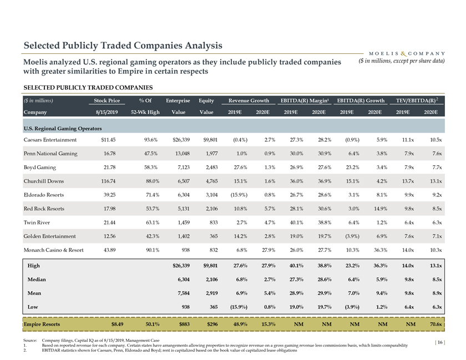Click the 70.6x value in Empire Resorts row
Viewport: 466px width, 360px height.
point(434,324)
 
